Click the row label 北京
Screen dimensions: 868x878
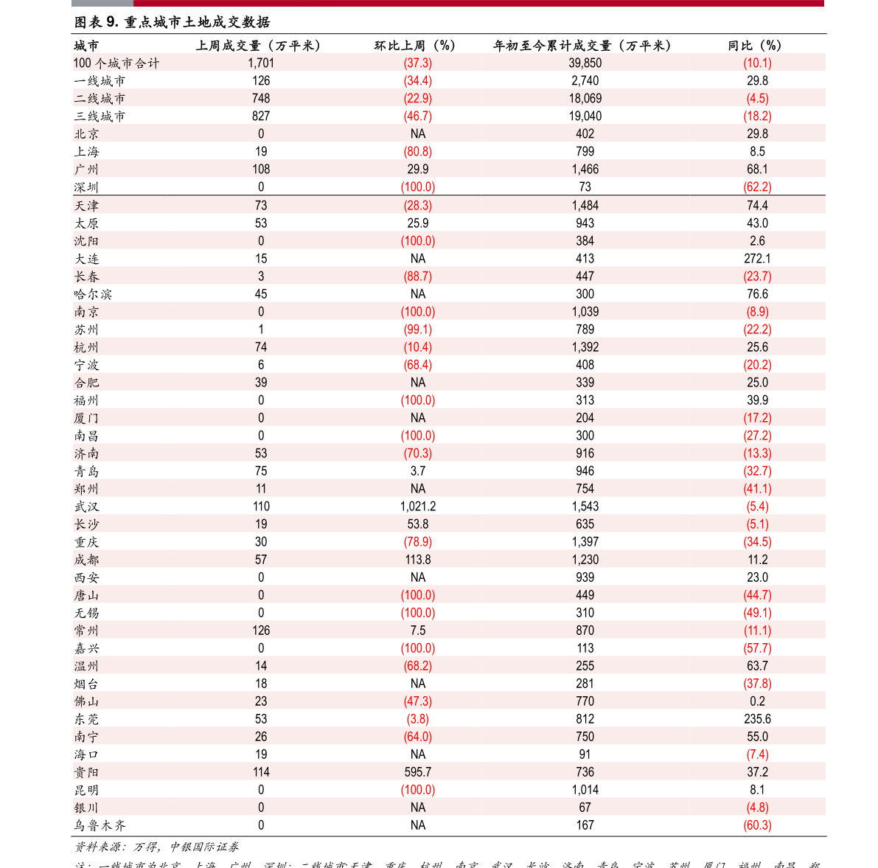(x=86, y=134)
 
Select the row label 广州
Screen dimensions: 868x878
(x=86, y=170)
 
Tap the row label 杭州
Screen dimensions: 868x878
(x=86, y=347)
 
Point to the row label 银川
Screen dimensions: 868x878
(x=86, y=808)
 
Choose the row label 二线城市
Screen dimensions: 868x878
(x=100, y=99)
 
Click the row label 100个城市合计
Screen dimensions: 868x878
(x=116, y=63)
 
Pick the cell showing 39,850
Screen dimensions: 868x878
(x=585, y=63)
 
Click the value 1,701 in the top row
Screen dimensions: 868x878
(x=261, y=63)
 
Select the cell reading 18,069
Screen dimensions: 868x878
(x=585, y=99)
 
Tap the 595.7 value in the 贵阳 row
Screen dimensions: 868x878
(x=418, y=772)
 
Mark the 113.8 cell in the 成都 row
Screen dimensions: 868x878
(x=418, y=560)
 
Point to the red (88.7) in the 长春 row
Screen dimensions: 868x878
(x=418, y=277)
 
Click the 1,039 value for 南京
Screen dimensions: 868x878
(x=585, y=312)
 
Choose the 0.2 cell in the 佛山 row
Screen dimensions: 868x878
(x=757, y=701)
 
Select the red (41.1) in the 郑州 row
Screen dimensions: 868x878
(x=757, y=489)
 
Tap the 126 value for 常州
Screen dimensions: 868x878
(x=261, y=631)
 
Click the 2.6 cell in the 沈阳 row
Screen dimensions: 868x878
(x=757, y=241)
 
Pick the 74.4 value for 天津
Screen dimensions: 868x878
(x=757, y=206)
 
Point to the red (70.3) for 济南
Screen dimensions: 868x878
(x=418, y=454)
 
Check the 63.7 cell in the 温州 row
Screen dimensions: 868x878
(x=757, y=666)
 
